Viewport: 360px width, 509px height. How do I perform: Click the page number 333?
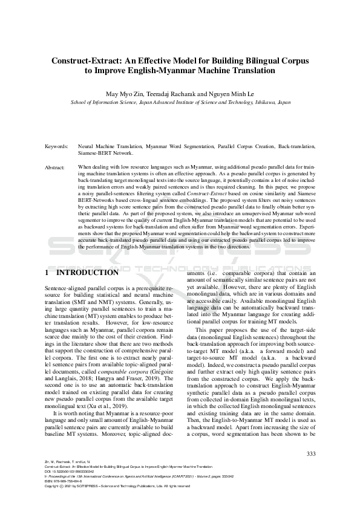312,455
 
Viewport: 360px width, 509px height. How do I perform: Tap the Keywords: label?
56,147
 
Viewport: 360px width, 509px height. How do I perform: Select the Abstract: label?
55,166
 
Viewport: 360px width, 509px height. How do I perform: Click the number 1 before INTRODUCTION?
47,273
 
